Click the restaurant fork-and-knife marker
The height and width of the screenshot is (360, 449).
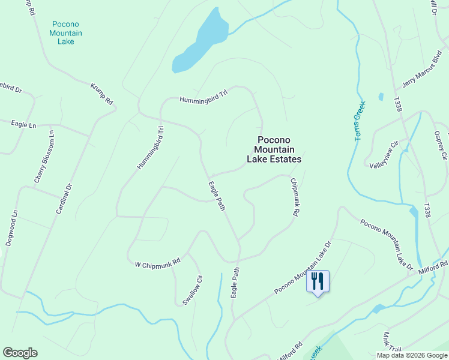pyautogui.click(x=318, y=281)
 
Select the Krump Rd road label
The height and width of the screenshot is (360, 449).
pyautogui.click(x=102, y=94)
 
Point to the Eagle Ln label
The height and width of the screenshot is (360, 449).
pyautogui.click(x=23, y=124)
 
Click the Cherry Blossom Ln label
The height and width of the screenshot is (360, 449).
pyautogui.click(x=46, y=157)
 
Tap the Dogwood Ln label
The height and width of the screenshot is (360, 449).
pyautogui.click(x=10, y=227)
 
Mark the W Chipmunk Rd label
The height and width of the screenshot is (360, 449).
pyautogui.click(x=157, y=263)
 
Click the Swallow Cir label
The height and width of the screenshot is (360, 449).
pyautogui.click(x=193, y=290)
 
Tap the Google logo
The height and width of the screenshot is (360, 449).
pyautogui.click(x=20, y=353)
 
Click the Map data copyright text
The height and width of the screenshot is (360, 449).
pyautogui.click(x=412, y=355)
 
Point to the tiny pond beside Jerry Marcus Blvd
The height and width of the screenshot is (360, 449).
pyautogui.click(x=381, y=97)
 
